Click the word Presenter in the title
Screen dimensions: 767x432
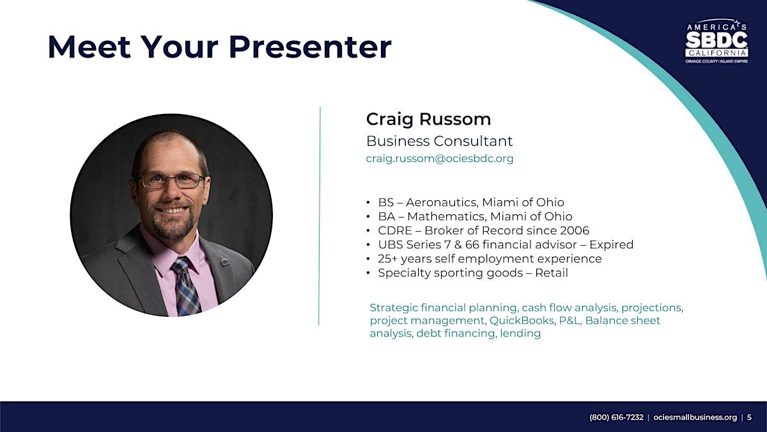click(313, 47)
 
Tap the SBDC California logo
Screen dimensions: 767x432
click(717, 41)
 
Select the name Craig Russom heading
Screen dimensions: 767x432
click(428, 120)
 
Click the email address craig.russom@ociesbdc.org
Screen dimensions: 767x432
click(440, 159)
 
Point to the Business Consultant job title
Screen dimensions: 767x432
click(439, 141)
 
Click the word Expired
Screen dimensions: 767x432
click(611, 244)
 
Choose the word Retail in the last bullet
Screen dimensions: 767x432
click(551, 273)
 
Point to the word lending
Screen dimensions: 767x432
click(520, 333)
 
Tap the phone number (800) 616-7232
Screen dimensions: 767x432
click(616, 417)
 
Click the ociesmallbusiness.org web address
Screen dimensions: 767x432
click(695, 417)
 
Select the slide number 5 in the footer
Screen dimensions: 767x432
click(749, 417)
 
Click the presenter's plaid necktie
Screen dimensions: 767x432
click(185, 286)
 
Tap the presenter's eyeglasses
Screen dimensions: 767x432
click(172, 180)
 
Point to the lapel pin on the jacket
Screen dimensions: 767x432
click(224, 262)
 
